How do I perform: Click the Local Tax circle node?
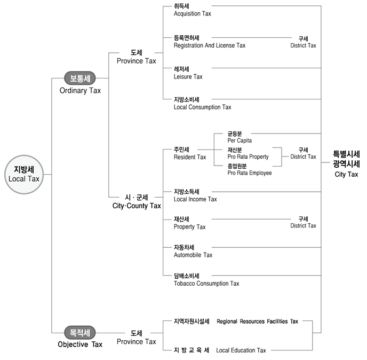[24, 174]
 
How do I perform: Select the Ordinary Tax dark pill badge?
[80, 78]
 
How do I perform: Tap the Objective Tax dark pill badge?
[80, 332]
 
